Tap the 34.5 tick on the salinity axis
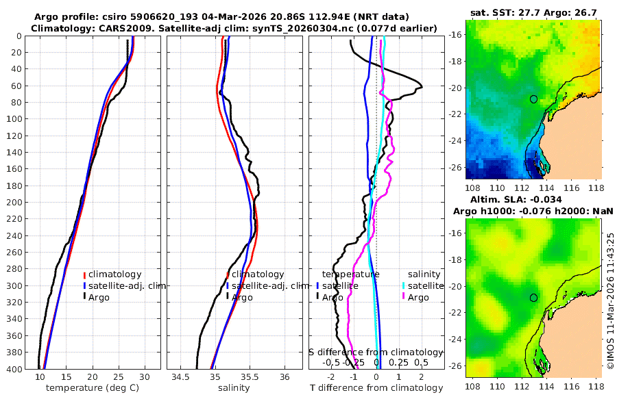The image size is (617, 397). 180,377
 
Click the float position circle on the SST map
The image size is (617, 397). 533,99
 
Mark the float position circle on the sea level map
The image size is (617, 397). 533,298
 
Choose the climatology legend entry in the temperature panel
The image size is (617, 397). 114,274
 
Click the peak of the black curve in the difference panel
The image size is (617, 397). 422,87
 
